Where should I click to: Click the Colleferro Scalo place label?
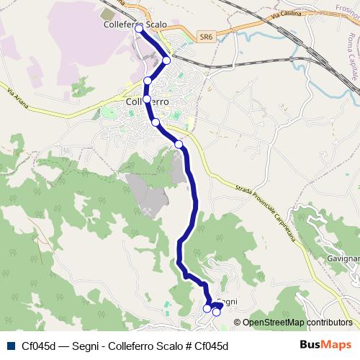point(135,24)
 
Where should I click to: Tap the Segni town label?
point(227,302)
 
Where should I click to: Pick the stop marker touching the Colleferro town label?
point(147,99)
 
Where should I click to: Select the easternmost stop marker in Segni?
point(216,312)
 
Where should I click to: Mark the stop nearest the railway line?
point(166,60)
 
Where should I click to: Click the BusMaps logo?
point(326,345)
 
